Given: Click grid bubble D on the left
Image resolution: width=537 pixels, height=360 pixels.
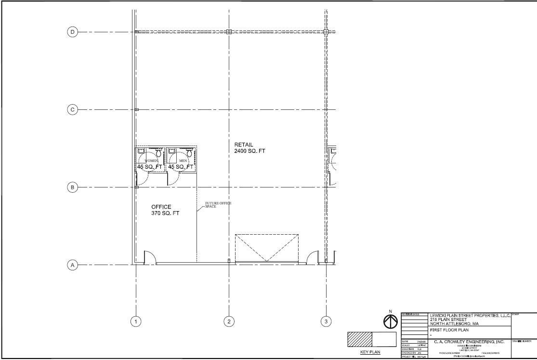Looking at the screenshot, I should click(x=73, y=32).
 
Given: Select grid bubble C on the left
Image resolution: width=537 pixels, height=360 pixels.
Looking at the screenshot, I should click(x=73, y=110).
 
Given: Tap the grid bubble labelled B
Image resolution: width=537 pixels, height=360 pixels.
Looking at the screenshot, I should click(x=73, y=187).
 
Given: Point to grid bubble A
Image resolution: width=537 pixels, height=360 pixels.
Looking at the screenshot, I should click(x=73, y=265).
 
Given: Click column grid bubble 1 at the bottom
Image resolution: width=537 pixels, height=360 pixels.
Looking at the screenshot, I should click(x=136, y=321).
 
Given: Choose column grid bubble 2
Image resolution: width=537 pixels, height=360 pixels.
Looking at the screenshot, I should click(x=229, y=321).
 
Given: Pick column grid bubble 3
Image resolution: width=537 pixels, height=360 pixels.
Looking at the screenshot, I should click(x=326, y=321).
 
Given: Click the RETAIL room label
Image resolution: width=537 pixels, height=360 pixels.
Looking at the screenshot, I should click(x=244, y=145).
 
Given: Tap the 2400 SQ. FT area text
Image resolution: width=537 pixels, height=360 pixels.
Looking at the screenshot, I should click(x=249, y=151).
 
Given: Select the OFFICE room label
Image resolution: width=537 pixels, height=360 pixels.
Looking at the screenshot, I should click(x=161, y=207).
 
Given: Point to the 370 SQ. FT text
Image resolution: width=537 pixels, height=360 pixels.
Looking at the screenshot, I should click(x=165, y=213).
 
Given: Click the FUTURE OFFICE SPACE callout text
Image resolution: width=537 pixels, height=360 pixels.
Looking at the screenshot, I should click(x=218, y=205).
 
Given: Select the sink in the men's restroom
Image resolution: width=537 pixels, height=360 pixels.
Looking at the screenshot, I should click(x=172, y=151).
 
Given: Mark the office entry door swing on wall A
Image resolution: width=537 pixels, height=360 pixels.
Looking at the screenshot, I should click(x=150, y=257).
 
